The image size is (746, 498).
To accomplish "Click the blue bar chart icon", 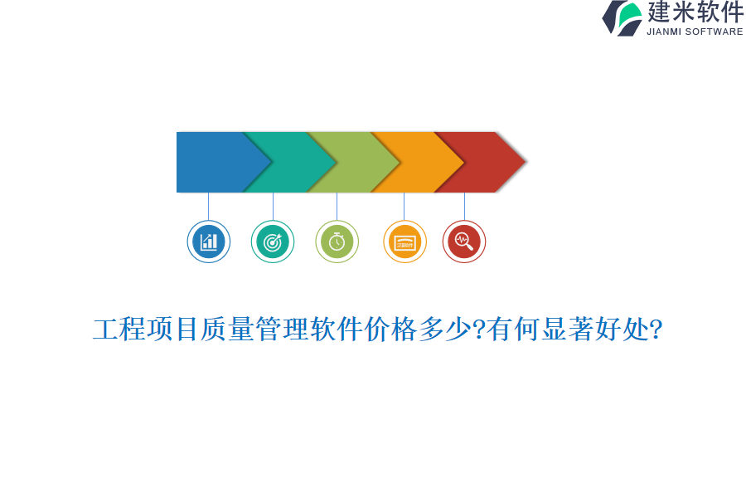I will (209, 242).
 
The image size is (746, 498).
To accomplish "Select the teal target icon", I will (273, 242).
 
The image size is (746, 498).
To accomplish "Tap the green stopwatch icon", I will (337, 242).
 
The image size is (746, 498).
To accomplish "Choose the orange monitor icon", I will (404, 242).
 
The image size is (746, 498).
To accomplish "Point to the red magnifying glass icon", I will (464, 242).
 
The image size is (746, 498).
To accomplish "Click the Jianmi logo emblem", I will (622, 17).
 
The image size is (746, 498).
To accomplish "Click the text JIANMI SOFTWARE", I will (695, 32).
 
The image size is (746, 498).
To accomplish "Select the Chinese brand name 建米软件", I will (695, 12).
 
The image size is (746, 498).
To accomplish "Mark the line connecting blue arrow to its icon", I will (209, 206).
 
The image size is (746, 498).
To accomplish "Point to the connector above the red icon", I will (464, 206).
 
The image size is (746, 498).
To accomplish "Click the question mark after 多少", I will (479, 330).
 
